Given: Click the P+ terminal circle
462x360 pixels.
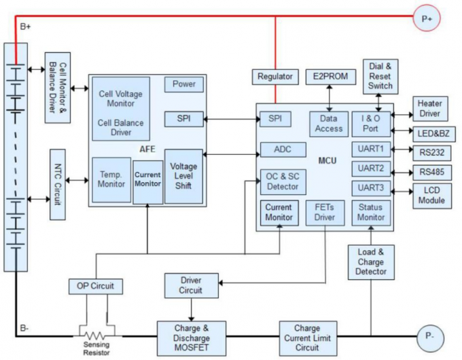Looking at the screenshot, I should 427,19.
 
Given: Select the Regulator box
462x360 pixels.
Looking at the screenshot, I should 275,77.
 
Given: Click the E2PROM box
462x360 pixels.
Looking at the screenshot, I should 330,77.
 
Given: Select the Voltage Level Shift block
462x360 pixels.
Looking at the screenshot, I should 183,176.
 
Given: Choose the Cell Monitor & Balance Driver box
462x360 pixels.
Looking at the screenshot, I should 58,87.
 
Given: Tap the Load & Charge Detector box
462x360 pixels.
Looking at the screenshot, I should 370,262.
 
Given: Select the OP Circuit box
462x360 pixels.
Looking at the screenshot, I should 96,286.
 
